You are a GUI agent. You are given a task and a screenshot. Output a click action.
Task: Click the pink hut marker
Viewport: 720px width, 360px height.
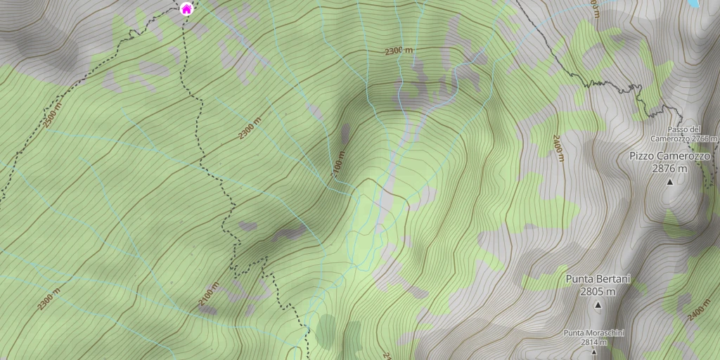(186, 9)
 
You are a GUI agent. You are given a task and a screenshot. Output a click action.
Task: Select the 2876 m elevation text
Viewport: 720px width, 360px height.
(669, 169)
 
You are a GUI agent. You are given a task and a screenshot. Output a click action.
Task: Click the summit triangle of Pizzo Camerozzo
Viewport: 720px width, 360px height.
(669, 182)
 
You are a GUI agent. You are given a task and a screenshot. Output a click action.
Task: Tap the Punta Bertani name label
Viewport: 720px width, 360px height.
(598, 279)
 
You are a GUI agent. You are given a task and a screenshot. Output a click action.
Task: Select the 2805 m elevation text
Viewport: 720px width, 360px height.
(598, 291)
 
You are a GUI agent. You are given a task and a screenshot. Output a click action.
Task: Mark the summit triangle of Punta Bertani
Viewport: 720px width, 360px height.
(598, 304)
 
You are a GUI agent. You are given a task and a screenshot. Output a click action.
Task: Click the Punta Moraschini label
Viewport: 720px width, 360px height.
(593, 333)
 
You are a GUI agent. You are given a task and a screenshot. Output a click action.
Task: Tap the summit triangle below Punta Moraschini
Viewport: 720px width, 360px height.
(593, 352)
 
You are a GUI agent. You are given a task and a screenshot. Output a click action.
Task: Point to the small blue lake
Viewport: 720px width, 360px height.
(695, 3)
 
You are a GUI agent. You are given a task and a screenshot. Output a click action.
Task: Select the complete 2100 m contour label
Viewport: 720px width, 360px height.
(208, 295)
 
